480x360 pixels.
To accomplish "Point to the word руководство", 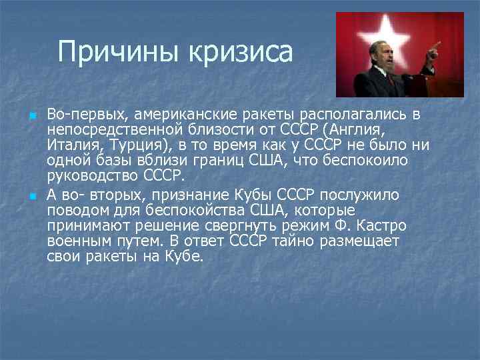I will (x=92, y=176).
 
